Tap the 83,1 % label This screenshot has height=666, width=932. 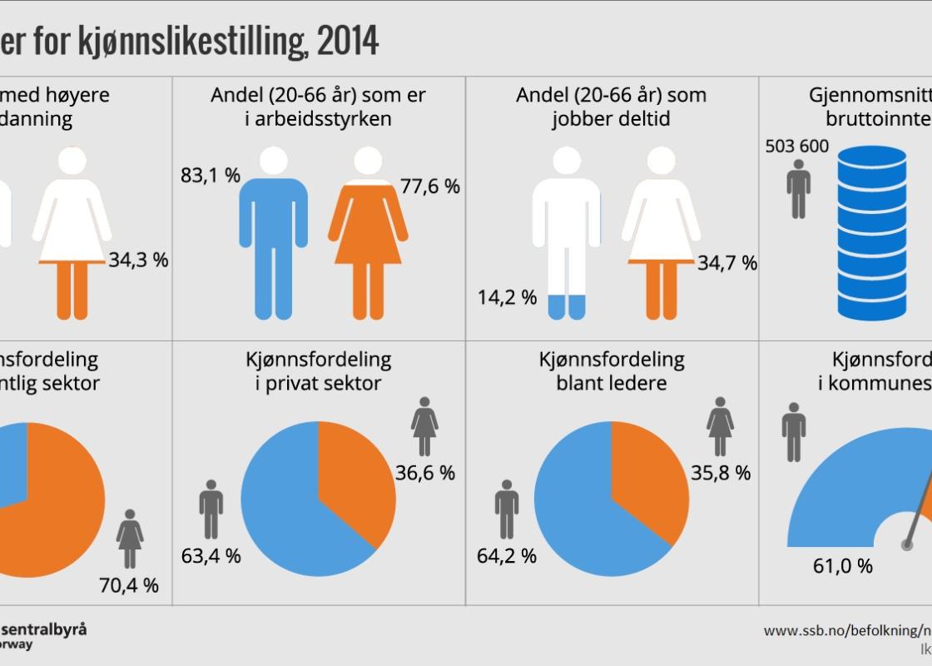211,176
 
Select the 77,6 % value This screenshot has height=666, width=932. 430,186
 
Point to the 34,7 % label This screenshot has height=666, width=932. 727,263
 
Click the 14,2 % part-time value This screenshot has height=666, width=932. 507,297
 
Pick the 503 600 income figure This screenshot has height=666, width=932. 796,147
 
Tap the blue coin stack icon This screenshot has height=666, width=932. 872,233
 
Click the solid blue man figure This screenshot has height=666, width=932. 273,233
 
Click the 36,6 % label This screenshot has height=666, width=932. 425,473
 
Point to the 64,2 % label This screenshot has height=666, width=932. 507,555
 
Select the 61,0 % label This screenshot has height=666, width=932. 843,566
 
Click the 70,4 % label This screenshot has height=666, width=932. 129,585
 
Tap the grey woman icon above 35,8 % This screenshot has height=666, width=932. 720,427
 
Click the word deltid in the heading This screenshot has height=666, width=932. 640,119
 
